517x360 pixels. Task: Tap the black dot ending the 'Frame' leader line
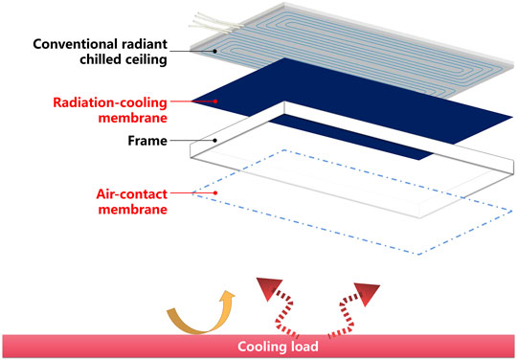tap(216, 141)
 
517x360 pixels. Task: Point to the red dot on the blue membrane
tap(216, 100)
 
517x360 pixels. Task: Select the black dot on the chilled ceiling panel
tap(216, 53)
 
